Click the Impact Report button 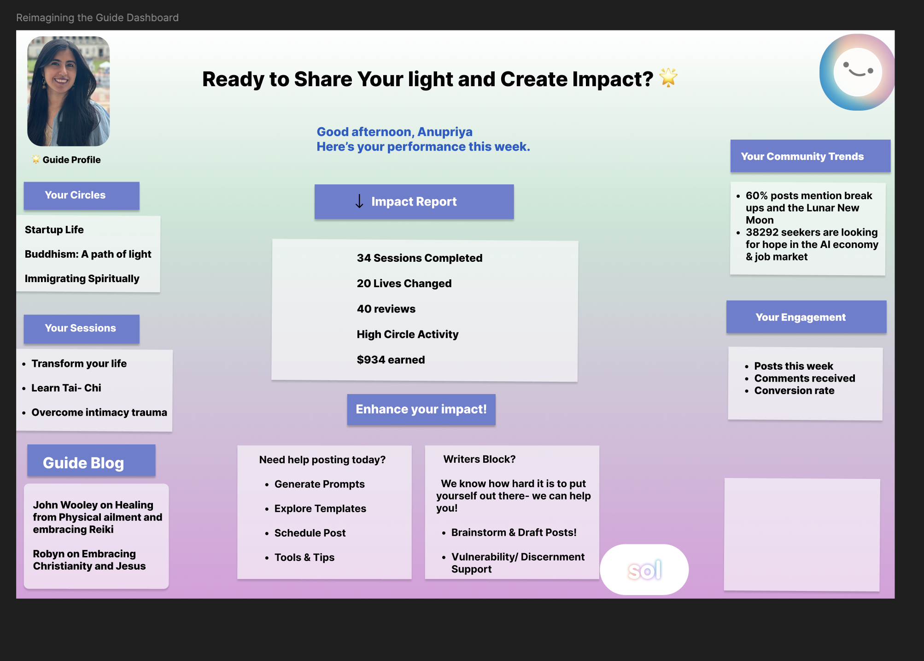414,201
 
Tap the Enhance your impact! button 421,409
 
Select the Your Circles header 82,195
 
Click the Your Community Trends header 810,156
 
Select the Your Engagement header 806,317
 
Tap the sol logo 644,570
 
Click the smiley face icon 857,72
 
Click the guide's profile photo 69,91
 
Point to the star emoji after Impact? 668,77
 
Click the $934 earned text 391,360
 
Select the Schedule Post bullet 310,533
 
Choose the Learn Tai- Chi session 66,388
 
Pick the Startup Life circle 54,230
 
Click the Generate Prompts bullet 319,484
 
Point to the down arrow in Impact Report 359,201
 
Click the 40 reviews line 386,309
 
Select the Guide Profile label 71,160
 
